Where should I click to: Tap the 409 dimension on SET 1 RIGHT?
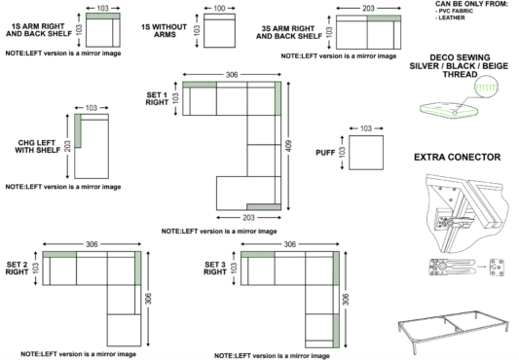[x=288, y=146]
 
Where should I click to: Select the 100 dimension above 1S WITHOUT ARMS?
[x=219, y=8]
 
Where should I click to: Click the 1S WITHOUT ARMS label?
[x=165, y=30]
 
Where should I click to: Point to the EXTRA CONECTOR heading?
[x=457, y=157]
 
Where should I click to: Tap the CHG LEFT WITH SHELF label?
[x=37, y=146]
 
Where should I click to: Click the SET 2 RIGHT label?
[x=18, y=268]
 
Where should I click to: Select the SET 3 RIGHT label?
[x=215, y=268]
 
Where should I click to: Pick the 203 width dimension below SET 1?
[x=248, y=217]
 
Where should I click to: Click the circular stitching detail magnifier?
[x=486, y=87]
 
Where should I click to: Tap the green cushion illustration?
[x=450, y=110]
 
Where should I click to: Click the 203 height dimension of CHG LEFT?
[x=67, y=146]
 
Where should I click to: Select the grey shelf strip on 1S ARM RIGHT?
[x=103, y=17]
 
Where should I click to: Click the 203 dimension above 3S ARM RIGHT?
[x=368, y=8]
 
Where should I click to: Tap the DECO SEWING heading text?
[x=459, y=66]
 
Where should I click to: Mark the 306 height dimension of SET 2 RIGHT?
[x=148, y=299]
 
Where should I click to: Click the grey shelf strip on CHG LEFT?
[x=78, y=130]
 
